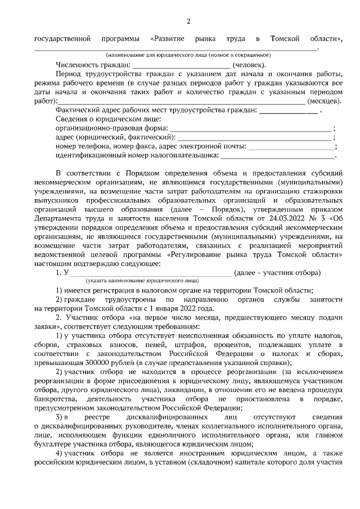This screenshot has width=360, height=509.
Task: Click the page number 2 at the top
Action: (x=188, y=21)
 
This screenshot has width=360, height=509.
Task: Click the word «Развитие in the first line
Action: (x=169, y=39)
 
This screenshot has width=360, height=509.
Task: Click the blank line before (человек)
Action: (x=186, y=66)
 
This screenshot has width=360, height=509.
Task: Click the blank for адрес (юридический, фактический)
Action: (x=253, y=138)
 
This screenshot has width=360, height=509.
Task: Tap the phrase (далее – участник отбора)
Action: (x=277, y=272)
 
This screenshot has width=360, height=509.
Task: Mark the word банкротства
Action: (x=53, y=399)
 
